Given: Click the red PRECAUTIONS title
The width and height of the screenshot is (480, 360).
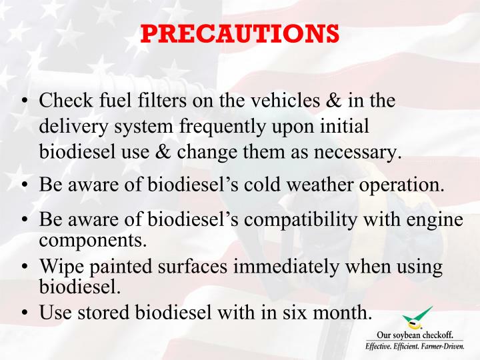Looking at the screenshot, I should pos(240,33).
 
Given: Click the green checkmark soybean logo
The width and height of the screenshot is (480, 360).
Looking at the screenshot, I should pos(418,318).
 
